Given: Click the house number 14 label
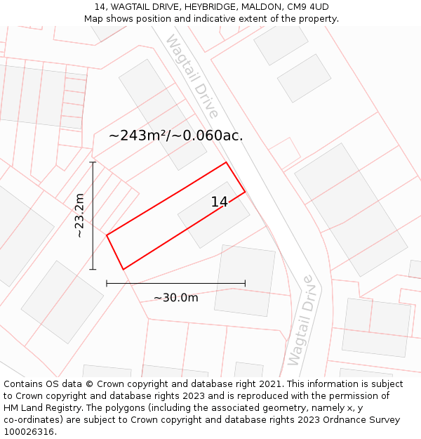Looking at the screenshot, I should (x=219, y=202).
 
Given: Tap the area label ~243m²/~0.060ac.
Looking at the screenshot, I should (x=176, y=136).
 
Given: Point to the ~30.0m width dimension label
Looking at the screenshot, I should (x=176, y=298).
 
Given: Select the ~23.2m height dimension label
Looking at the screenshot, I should (x=80, y=216).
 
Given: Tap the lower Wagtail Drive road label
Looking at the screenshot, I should (x=300, y=320).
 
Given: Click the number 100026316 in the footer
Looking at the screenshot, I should (x=30, y=432).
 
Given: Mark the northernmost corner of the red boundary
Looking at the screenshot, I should (x=226, y=163).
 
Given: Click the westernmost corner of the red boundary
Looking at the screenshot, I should (x=107, y=235).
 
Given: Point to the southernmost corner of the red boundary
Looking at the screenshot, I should (x=123, y=269).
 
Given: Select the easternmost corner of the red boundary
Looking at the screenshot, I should (x=245, y=192).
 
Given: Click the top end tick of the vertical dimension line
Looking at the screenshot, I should (x=93, y=162).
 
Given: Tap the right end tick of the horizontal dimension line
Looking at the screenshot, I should (x=245, y=284).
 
